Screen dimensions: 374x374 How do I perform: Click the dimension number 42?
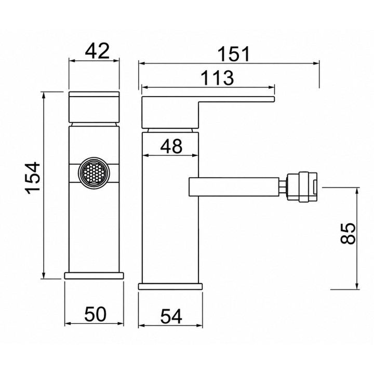click(97, 51)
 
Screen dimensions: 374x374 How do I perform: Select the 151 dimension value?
click(234, 54)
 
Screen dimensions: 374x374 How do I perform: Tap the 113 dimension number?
click(217, 78)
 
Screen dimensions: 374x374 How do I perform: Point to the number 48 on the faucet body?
click(171, 146)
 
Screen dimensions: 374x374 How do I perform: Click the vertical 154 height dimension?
click(33, 178)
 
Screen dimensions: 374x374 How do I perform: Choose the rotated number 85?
click(348, 234)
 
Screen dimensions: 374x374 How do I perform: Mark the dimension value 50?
click(95, 314)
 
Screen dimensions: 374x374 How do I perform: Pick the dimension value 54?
click(171, 316)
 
